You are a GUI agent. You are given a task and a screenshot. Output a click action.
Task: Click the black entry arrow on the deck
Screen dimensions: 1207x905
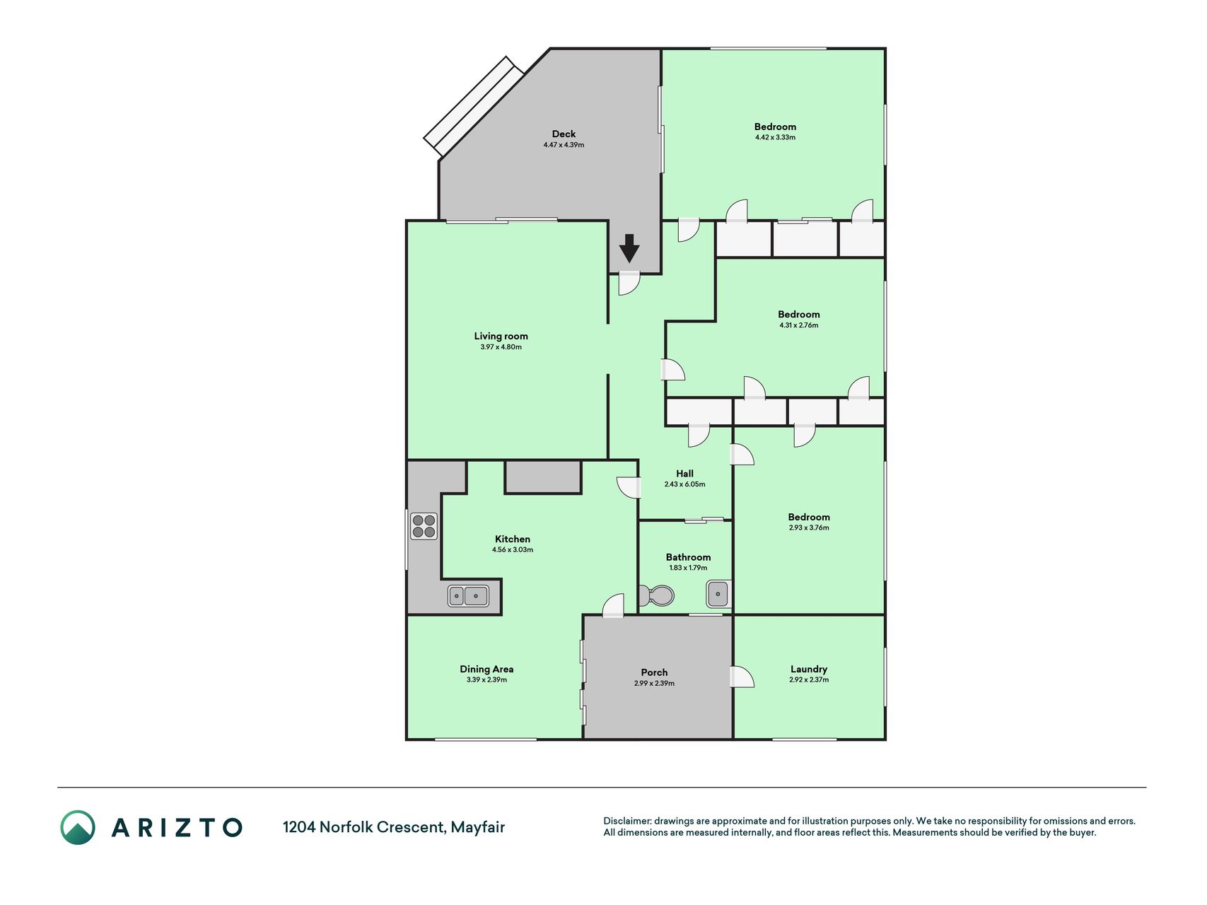629,248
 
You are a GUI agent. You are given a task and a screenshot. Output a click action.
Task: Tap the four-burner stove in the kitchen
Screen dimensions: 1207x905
424,526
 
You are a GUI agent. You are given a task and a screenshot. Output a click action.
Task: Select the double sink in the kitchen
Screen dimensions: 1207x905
468,596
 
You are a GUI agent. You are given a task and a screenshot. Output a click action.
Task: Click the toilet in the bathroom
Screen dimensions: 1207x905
657,596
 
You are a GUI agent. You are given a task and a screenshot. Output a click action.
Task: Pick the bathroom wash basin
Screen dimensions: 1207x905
718,594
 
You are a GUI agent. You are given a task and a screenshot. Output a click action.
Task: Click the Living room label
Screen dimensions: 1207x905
501,336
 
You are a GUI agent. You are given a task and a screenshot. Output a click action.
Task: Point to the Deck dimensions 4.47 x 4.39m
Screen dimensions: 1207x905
564,145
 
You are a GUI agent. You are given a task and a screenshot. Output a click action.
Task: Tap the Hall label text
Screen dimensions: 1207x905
684,474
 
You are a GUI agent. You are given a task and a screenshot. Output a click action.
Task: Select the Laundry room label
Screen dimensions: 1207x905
809,669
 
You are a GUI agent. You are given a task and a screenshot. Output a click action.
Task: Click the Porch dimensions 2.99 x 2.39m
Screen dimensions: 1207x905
654,684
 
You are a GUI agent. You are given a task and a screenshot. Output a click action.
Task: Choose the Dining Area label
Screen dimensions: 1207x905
486,669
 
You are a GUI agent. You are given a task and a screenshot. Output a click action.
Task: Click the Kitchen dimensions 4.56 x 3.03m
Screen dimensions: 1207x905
513,549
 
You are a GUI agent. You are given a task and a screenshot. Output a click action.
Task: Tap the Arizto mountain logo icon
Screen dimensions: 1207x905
78,827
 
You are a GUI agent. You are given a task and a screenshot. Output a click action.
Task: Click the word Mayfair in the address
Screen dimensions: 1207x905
478,827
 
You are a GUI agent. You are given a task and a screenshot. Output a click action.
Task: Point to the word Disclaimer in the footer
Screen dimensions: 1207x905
626,821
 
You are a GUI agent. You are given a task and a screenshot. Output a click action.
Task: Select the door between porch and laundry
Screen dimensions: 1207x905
742,677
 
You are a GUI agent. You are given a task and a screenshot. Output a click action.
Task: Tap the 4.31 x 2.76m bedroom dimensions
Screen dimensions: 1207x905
799,325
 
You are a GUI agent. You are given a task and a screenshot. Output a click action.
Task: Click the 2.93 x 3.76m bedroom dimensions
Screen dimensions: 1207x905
809,527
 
